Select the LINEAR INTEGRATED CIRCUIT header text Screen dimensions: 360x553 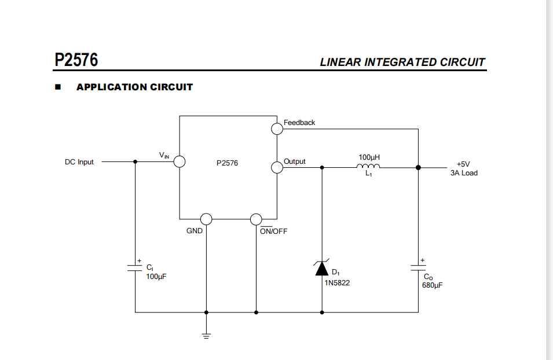(x=402, y=63)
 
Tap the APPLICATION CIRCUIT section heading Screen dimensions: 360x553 (x=134, y=87)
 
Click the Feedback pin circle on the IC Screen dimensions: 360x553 (x=277, y=128)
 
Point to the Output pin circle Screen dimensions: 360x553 (x=277, y=167)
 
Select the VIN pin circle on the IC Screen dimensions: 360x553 (x=180, y=161)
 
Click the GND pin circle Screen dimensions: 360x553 (x=206, y=219)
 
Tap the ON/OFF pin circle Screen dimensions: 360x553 (x=256, y=219)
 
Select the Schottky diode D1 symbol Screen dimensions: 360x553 (x=323, y=269)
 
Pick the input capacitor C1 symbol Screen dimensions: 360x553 (x=135, y=268)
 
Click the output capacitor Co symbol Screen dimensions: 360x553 (x=418, y=268)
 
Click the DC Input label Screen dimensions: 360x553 (x=79, y=162)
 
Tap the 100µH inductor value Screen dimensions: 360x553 (x=369, y=157)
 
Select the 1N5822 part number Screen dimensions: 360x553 (x=337, y=283)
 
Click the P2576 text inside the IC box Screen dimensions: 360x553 (x=227, y=163)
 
